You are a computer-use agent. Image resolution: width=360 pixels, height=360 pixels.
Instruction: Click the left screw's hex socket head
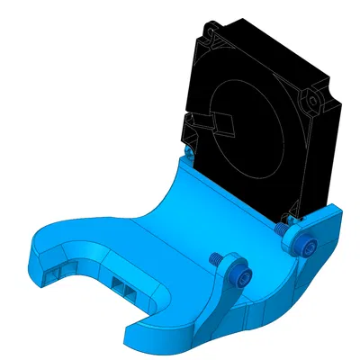point(238,276)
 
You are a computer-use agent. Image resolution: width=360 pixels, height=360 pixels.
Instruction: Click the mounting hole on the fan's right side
point(314,98)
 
